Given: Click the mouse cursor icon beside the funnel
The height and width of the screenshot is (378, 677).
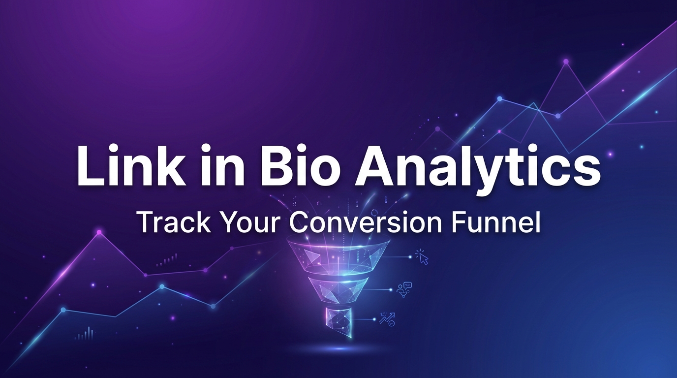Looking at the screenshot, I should click(x=422, y=257).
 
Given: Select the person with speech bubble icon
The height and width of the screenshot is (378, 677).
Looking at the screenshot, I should click(x=404, y=290).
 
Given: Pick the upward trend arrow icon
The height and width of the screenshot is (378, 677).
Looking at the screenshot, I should click(x=387, y=319).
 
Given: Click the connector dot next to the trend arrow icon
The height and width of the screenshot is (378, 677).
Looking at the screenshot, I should click(x=376, y=319).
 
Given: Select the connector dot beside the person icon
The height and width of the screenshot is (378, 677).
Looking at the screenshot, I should click(x=392, y=289).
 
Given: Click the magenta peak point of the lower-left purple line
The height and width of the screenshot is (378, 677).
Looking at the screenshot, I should click(x=99, y=231).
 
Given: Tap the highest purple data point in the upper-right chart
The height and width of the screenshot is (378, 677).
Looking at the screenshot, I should click(x=566, y=62).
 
